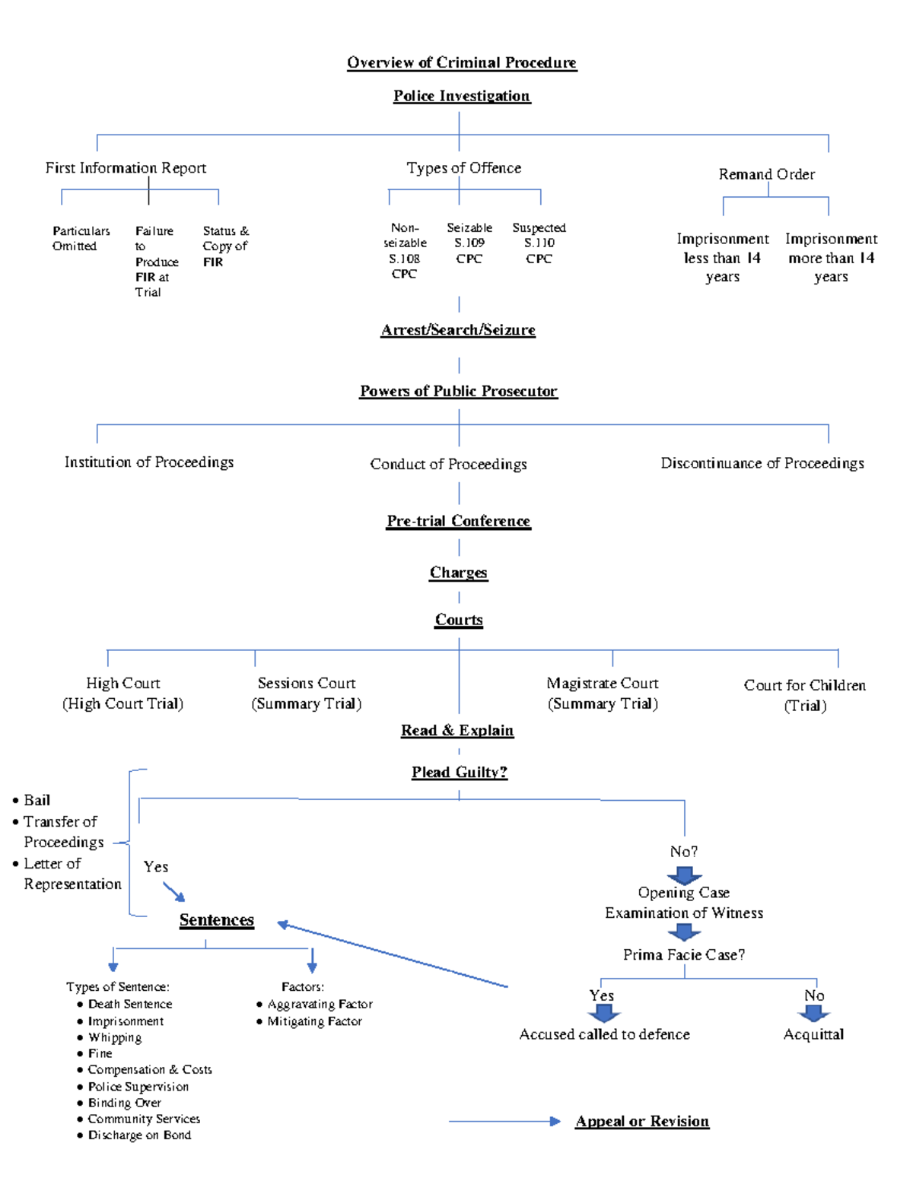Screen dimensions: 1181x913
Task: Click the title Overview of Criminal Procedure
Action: (x=462, y=62)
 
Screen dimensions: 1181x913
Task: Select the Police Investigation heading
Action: (x=461, y=96)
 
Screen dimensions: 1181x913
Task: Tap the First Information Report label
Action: (x=126, y=168)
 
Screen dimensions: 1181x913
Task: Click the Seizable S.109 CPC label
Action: (x=469, y=243)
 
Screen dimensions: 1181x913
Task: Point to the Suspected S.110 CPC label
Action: (x=539, y=243)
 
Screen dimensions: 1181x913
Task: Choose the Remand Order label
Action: (x=766, y=174)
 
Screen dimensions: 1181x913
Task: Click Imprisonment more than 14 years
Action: (x=831, y=258)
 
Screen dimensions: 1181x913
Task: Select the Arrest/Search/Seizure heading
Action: (x=458, y=330)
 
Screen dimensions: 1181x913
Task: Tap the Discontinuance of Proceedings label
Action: (x=762, y=463)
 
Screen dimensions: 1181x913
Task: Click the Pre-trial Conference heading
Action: (x=458, y=521)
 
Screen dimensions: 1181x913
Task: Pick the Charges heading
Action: (x=458, y=573)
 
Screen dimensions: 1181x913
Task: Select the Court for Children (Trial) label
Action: (x=804, y=695)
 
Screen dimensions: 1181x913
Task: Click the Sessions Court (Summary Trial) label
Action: (x=306, y=694)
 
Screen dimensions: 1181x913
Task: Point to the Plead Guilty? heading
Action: (x=459, y=773)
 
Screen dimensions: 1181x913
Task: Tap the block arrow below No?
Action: (x=684, y=875)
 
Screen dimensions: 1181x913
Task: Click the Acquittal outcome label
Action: (x=813, y=1034)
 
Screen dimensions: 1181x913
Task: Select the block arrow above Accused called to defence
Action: (x=604, y=1013)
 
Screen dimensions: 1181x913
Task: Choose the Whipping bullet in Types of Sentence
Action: (x=114, y=1037)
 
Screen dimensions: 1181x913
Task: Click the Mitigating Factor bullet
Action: (x=313, y=1021)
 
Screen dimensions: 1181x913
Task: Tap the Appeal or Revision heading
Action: (x=642, y=1121)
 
